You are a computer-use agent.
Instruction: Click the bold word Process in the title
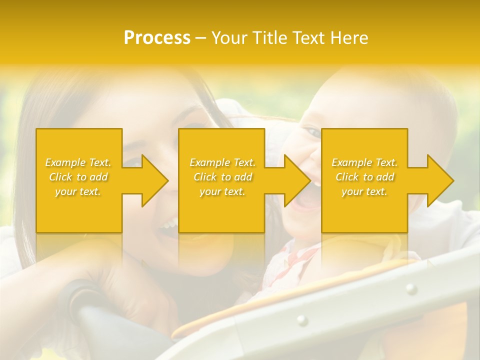tap(157, 37)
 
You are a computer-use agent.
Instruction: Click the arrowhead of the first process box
tap(152, 180)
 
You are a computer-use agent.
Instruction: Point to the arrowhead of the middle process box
tap(295, 180)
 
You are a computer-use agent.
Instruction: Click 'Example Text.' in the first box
tap(78, 162)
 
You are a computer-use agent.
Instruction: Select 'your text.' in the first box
tap(78, 191)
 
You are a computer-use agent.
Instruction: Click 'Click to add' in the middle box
tap(222, 177)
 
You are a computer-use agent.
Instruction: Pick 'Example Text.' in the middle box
tap(222, 162)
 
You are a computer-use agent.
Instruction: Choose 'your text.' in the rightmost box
tap(364, 191)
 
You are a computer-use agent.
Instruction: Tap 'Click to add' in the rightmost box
tap(364, 177)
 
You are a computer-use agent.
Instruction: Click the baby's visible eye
tap(313, 132)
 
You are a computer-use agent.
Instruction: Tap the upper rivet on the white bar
tap(411, 288)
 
